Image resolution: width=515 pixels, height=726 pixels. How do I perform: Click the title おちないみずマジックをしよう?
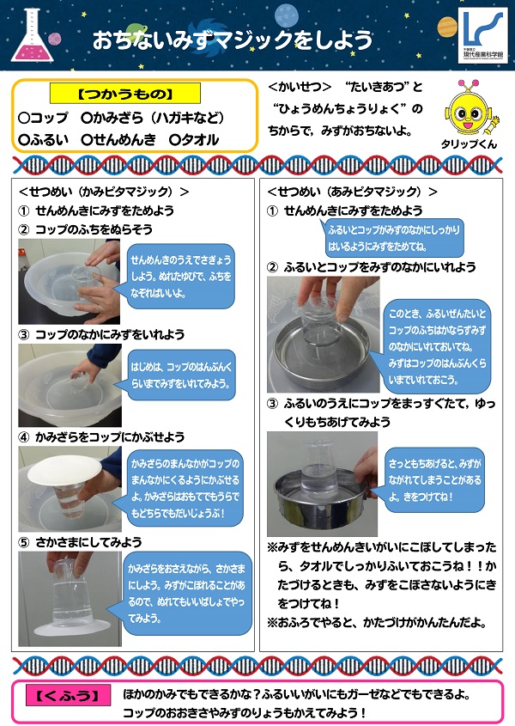233,40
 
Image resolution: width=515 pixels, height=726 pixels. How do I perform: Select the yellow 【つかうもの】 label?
124,93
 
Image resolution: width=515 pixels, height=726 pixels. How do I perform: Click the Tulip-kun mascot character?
469,106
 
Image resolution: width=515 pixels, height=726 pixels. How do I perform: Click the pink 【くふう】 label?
64,694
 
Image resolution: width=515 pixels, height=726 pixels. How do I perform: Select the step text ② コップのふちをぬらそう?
85,229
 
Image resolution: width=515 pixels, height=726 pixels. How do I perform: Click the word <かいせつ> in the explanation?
300,88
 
